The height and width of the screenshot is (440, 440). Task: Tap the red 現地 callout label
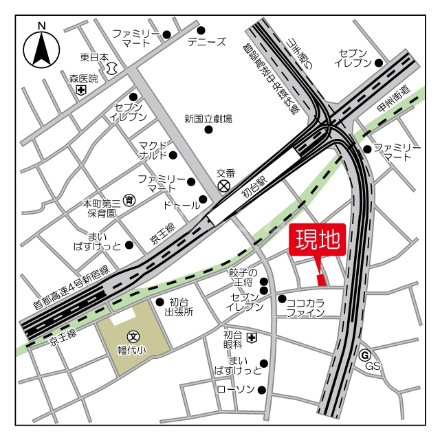318,240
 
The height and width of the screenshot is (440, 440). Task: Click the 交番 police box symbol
223,186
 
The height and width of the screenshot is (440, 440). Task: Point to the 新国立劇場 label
208,119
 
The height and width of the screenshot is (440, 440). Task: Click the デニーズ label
206,42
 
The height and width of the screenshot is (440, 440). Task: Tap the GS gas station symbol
364,355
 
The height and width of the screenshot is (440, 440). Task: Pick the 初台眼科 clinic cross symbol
252,338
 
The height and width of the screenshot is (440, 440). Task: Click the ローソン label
235,390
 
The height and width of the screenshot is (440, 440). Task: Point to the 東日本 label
94,57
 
